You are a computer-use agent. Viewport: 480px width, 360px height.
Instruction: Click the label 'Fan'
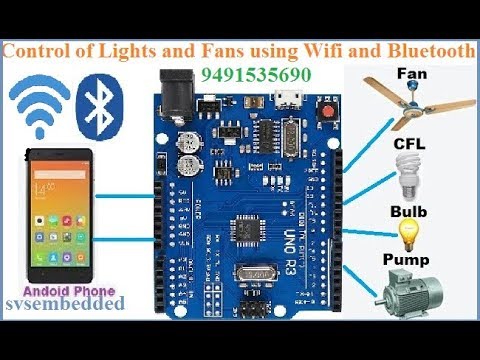pyautogui.click(x=412, y=74)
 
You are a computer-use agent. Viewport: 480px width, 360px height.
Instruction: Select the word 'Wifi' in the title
pyautogui.click(x=322, y=51)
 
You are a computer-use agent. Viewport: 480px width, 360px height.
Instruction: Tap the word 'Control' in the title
pyautogui.click(x=46, y=51)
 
